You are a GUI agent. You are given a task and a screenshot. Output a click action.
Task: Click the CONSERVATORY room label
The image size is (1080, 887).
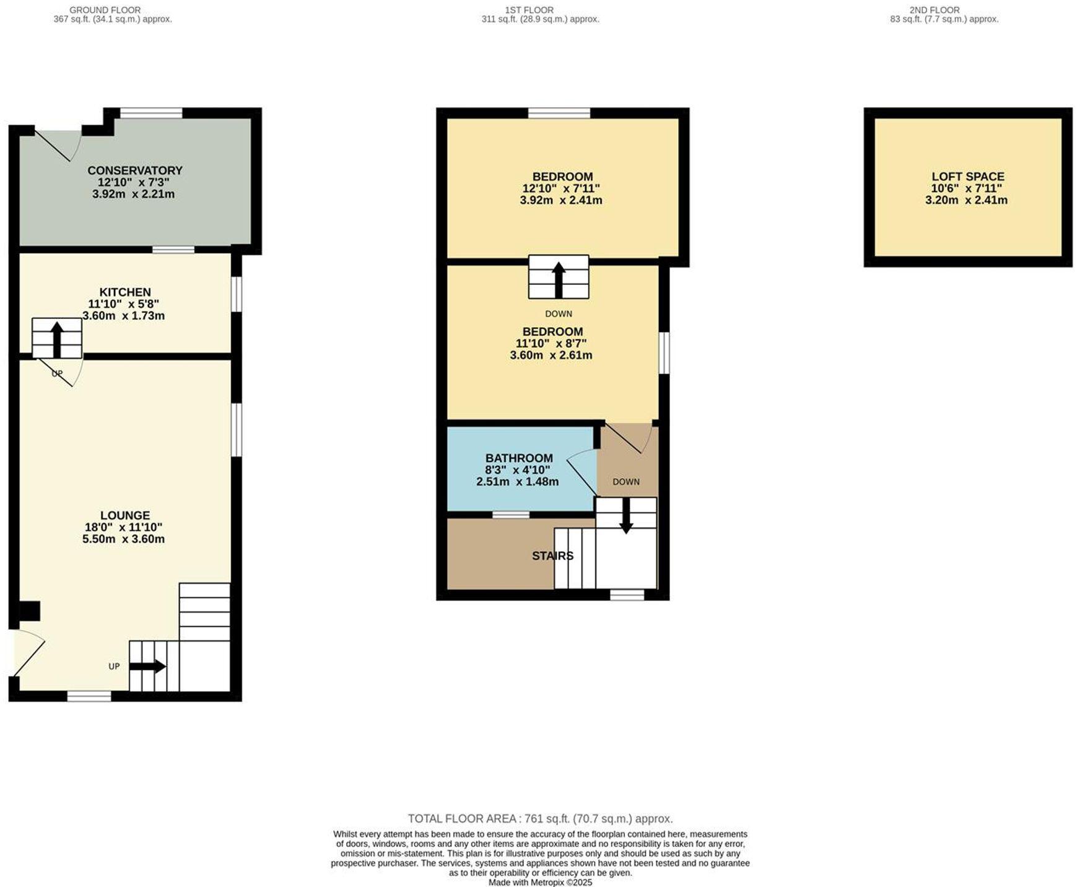135,170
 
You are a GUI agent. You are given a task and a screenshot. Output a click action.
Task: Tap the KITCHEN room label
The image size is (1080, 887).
125,292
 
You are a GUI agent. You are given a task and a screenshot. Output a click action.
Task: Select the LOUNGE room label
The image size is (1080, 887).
125,515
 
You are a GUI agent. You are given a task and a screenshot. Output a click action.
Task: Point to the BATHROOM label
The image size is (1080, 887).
519,458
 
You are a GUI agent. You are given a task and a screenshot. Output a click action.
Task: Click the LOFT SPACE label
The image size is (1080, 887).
967,177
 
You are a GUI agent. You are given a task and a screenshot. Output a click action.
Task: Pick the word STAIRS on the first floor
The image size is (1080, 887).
552,556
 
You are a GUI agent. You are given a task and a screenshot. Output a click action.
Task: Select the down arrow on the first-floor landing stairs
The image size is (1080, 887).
626,515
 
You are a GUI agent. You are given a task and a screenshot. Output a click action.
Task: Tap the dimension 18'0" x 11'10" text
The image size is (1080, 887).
124,527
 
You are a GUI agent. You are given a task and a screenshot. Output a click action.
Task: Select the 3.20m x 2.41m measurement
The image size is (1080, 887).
966,200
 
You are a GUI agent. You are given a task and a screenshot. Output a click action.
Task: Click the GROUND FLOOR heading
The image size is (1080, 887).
105,10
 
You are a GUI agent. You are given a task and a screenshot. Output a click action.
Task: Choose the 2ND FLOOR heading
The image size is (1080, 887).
934,10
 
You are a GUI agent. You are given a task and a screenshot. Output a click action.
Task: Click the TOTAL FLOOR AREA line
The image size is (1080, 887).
540,818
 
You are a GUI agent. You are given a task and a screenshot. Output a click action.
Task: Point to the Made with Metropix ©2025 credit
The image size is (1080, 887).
540,882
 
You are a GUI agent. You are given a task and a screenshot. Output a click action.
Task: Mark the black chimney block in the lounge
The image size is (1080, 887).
29,611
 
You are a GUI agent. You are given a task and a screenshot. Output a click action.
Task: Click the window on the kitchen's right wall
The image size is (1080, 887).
237,294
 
